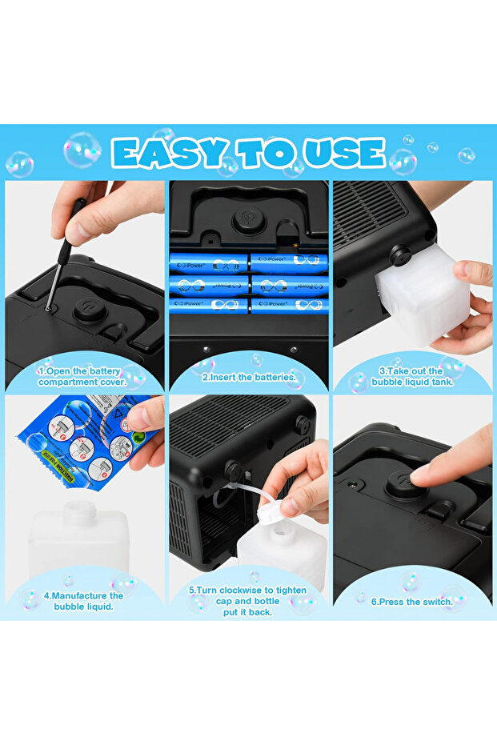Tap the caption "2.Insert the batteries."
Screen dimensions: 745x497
click(x=248, y=375)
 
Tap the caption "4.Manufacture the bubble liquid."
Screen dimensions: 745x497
click(x=83, y=601)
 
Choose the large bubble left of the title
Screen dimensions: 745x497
click(x=82, y=149)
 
